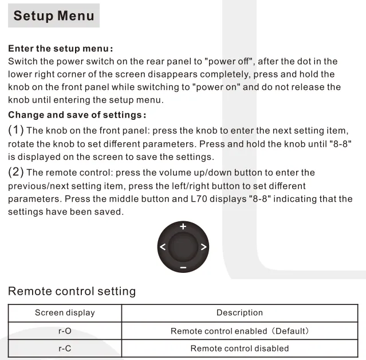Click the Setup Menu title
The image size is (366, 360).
54,15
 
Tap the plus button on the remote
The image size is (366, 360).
183,226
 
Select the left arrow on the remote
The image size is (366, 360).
163,248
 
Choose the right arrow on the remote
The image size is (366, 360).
203,248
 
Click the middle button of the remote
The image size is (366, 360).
183,248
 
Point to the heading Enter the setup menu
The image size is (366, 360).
61,49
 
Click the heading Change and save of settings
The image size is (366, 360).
77,115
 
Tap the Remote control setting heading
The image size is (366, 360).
72,291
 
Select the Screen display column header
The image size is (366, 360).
65,313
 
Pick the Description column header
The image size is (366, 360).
239,313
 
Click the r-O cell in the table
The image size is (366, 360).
65,331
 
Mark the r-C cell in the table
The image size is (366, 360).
65,348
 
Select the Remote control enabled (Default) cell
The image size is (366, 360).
239,331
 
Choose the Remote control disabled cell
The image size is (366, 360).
239,348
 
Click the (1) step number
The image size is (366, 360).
16,131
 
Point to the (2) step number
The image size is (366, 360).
16,172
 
